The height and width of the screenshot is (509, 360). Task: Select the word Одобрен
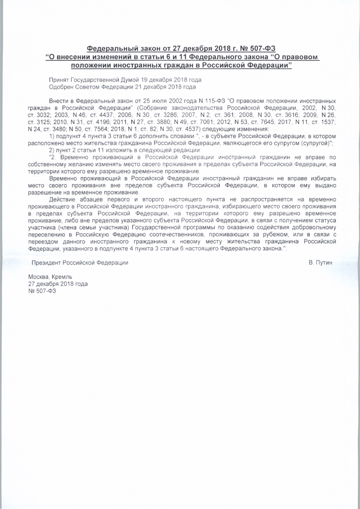tap(62, 86)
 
